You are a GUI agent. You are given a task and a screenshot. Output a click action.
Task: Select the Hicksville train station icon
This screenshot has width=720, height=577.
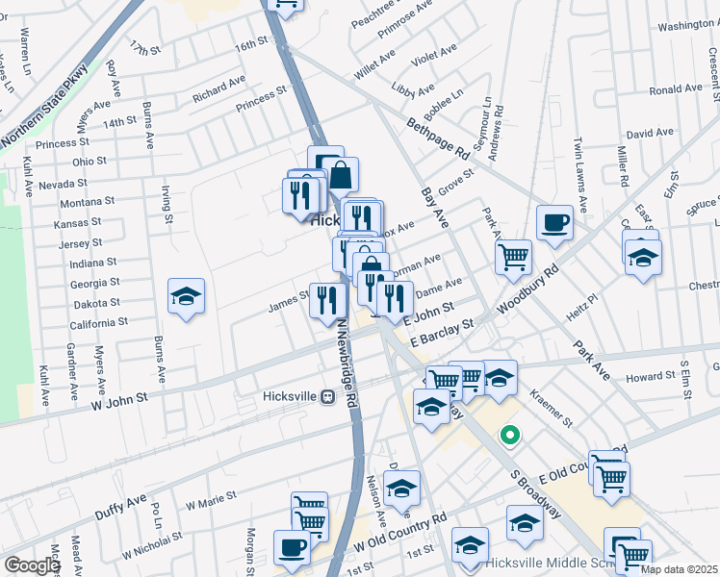pyautogui.click(x=327, y=396)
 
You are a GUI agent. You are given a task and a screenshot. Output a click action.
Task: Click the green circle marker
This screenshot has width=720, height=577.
pyautogui.click(x=509, y=437)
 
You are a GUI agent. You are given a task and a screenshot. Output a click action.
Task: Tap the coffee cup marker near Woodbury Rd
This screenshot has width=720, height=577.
pyautogui.click(x=554, y=223)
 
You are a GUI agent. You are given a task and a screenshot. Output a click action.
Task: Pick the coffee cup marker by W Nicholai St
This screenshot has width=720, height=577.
pyautogui.click(x=292, y=548)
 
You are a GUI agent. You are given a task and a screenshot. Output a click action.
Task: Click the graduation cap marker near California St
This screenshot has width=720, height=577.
pyautogui.click(x=186, y=296)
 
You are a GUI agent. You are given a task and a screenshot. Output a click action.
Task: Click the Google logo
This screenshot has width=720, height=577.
pyautogui.click(x=32, y=565)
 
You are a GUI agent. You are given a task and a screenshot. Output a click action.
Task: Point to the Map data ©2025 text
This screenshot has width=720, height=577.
pyautogui.click(x=679, y=569)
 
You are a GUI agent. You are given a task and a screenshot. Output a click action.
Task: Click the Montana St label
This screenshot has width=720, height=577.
pyautogui.click(x=87, y=203)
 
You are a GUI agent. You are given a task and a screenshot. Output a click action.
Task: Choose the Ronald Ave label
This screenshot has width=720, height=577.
pyautogui.click(x=675, y=89)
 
